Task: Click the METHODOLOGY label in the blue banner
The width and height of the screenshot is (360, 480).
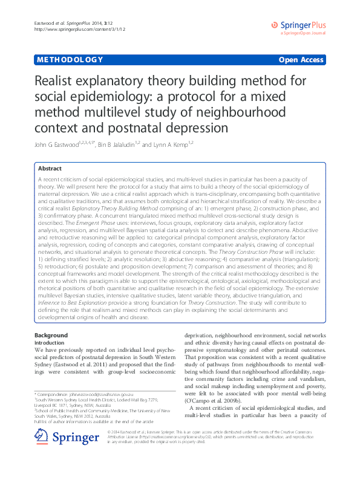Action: point(69,60)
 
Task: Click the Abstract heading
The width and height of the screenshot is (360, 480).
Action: point(50,168)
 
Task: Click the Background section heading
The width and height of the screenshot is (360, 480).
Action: point(51,335)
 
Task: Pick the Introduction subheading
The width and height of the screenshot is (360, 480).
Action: point(50,342)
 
